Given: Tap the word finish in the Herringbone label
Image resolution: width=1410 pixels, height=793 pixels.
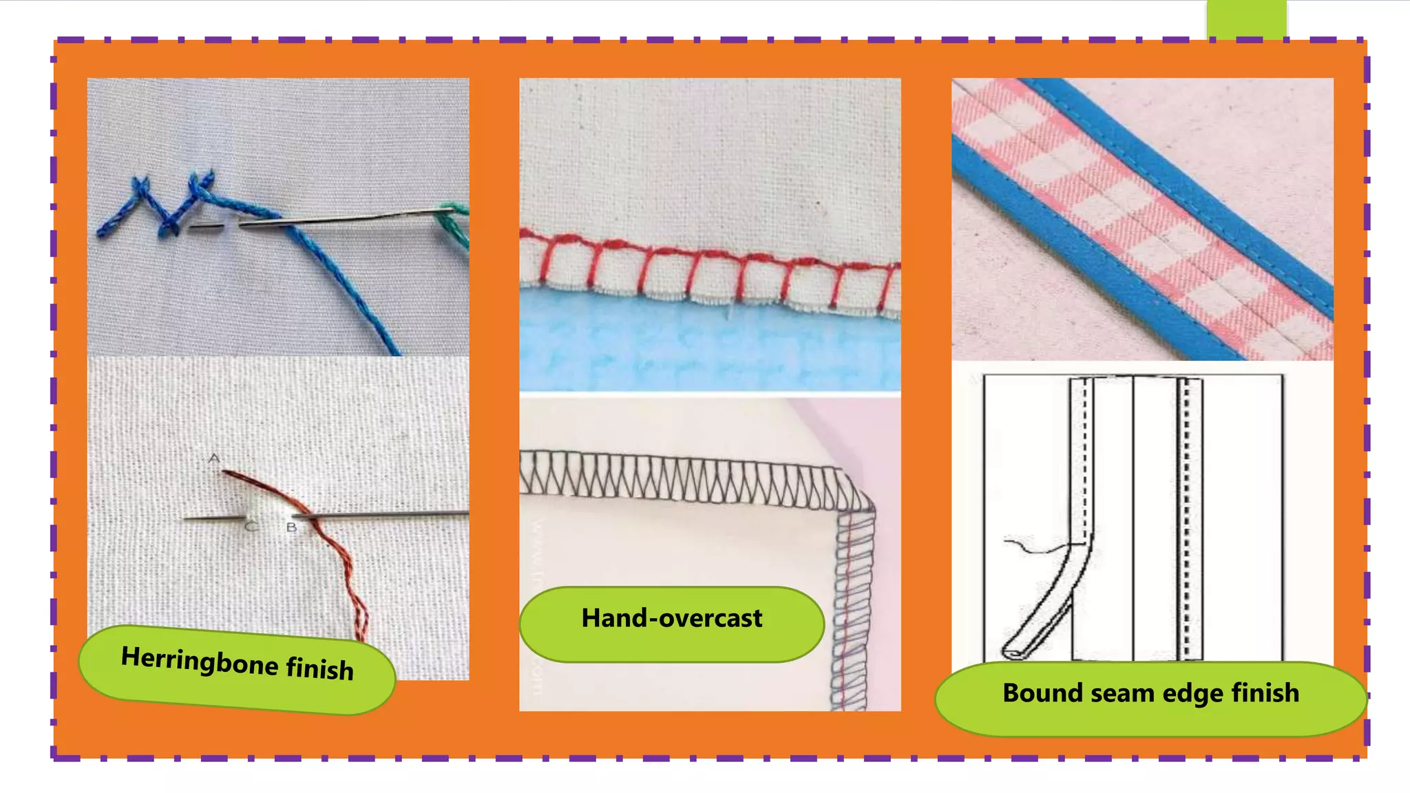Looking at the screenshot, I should [x=319, y=670].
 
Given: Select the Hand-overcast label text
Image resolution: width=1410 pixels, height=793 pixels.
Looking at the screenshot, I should [x=671, y=618].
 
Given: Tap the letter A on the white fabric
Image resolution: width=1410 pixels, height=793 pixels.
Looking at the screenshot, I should [x=214, y=458].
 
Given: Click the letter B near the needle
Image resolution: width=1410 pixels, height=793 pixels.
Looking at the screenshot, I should [x=291, y=527].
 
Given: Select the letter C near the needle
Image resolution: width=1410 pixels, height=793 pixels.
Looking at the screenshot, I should [x=251, y=527].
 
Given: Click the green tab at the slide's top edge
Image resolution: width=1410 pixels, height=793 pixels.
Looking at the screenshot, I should [x=1246, y=19].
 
